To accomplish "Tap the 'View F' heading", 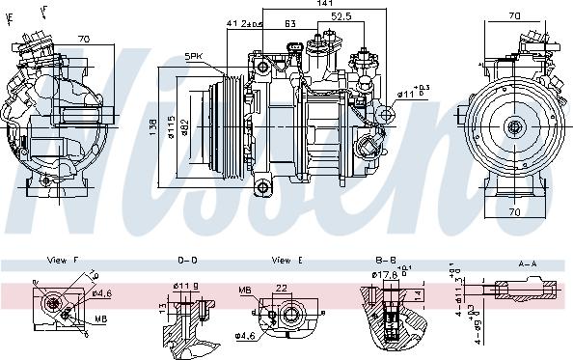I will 60,261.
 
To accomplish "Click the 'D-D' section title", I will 188,261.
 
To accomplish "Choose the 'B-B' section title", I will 385,261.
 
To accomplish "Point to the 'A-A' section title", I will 528,261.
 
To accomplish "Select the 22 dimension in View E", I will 281,287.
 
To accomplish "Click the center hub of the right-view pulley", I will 515,125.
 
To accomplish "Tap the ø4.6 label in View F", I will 101,293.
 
